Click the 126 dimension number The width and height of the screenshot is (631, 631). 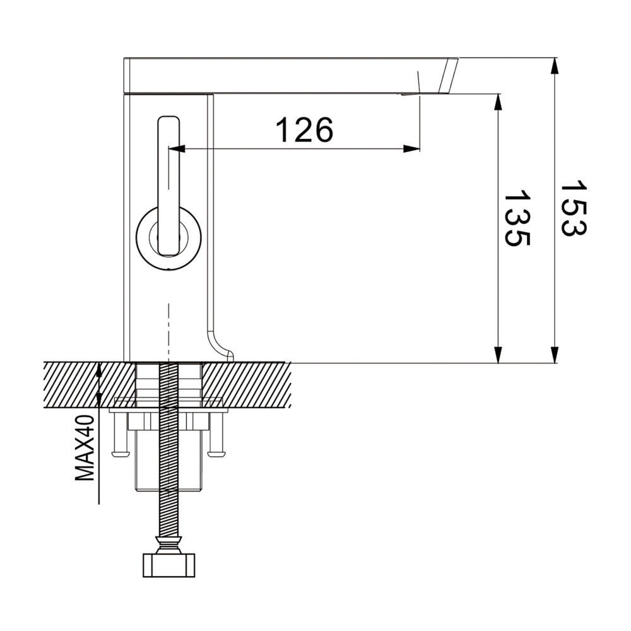(x=305, y=129)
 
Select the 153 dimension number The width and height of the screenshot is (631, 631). (x=574, y=208)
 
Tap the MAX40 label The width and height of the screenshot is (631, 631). (x=85, y=448)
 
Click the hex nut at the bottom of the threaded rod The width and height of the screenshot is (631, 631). (x=169, y=565)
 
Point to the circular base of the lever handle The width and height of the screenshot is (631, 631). (x=168, y=238)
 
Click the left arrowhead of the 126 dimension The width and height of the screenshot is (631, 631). (x=176, y=149)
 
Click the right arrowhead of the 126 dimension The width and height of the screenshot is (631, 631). (x=411, y=149)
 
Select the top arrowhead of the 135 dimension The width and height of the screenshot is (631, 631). (x=498, y=102)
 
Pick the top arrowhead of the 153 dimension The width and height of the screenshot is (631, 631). (x=555, y=66)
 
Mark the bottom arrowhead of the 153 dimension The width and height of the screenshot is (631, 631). (x=555, y=355)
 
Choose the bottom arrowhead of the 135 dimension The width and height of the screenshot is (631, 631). (x=498, y=355)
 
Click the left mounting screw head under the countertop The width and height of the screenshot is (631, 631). (x=121, y=454)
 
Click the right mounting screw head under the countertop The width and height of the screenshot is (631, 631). (x=216, y=454)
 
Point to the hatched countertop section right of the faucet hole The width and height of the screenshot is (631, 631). (x=247, y=385)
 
